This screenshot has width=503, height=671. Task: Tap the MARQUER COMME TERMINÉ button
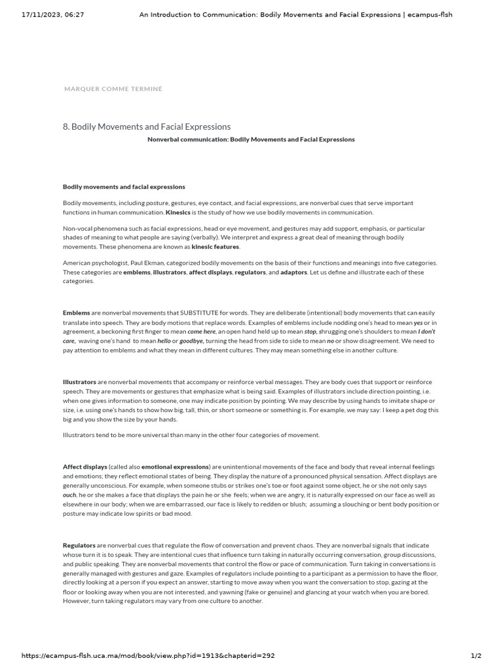(x=113, y=88)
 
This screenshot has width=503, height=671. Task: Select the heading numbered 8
(x=147, y=126)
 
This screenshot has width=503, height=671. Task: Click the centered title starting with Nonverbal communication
(x=251, y=140)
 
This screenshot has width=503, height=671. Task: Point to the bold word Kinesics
(x=178, y=212)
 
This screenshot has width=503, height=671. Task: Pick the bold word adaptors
(x=293, y=272)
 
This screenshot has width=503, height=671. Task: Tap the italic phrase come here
(x=202, y=332)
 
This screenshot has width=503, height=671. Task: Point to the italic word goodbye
(x=191, y=341)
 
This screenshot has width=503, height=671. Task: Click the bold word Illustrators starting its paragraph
(x=79, y=382)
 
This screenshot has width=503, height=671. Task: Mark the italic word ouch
(x=70, y=495)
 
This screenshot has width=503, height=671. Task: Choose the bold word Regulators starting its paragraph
(x=79, y=545)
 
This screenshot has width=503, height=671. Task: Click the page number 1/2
(x=476, y=656)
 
